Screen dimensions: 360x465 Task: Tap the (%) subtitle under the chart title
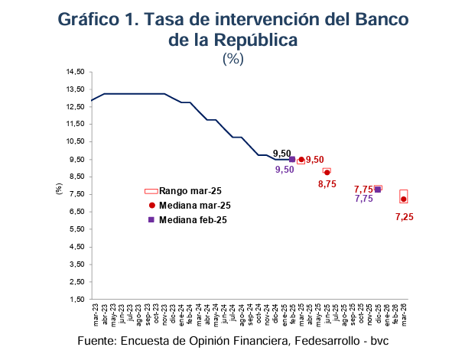pyautogui.click(x=232, y=59)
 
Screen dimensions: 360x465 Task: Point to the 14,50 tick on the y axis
pyautogui.click(x=75, y=72)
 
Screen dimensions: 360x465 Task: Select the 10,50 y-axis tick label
pyautogui.click(x=75, y=141)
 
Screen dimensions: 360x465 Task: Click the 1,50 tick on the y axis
pyautogui.click(x=76, y=300)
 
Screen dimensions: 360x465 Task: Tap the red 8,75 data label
pyautogui.click(x=327, y=184)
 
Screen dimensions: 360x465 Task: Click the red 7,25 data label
pyautogui.click(x=405, y=217)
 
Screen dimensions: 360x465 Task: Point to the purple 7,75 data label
pyautogui.click(x=364, y=199)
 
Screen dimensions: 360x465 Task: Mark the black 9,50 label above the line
pyautogui.click(x=283, y=154)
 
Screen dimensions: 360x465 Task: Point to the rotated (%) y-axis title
pyautogui.click(x=59, y=187)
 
